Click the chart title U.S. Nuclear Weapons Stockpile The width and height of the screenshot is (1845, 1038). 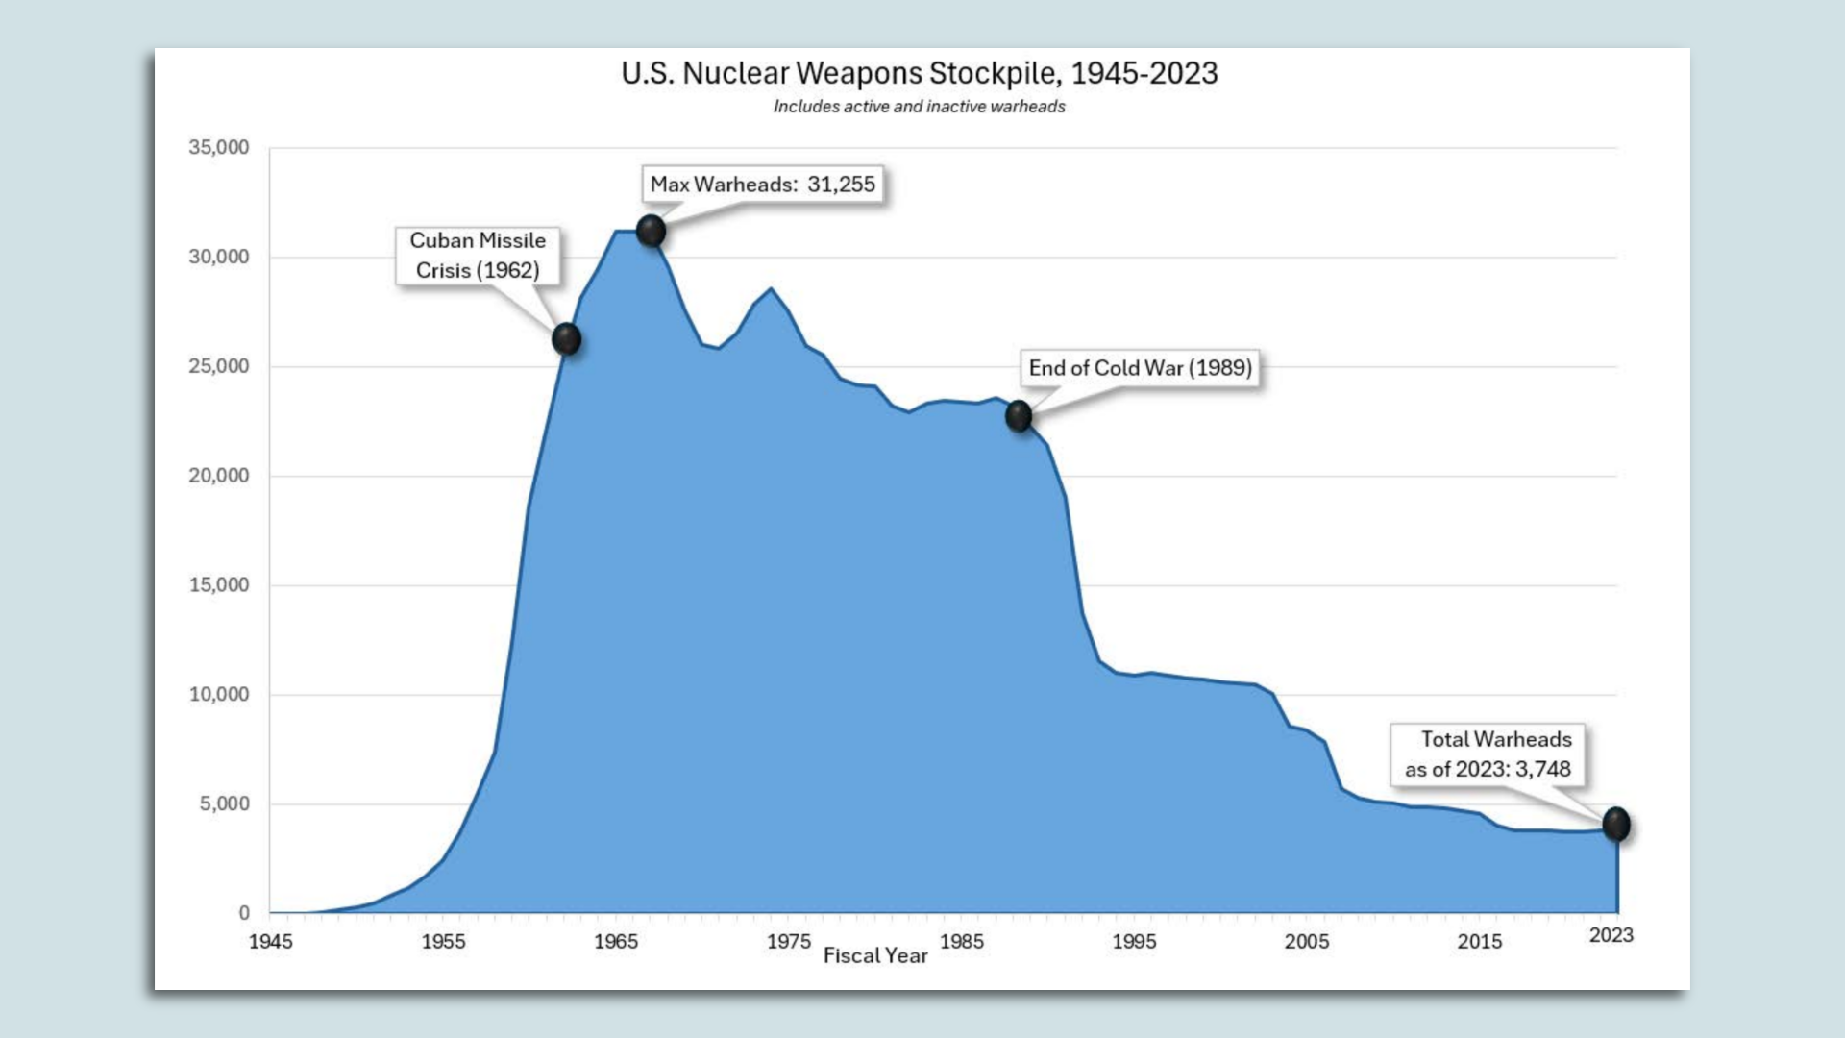[919, 73]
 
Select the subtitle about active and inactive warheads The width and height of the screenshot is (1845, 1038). [919, 107]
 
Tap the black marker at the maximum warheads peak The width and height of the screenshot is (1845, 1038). [651, 231]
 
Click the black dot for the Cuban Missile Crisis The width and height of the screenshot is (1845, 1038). [567, 338]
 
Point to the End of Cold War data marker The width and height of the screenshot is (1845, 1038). [1019, 416]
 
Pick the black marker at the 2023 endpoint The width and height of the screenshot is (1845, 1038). [1616, 824]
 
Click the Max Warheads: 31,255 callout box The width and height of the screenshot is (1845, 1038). [762, 185]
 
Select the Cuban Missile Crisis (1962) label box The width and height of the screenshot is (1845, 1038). [478, 256]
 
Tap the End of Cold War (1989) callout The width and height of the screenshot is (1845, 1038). [1140, 368]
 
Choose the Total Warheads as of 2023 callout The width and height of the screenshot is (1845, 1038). [1488, 754]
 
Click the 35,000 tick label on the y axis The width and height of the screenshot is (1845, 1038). [218, 148]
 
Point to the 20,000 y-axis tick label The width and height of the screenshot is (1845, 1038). [218, 476]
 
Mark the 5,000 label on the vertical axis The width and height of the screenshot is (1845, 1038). [224, 804]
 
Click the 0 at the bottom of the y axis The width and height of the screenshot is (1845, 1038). [244, 913]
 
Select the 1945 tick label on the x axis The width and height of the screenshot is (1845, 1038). [270, 942]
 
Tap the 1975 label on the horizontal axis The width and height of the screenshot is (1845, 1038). [788, 942]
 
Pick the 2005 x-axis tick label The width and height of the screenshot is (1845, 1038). [1307, 942]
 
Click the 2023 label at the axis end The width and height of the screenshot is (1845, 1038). [1611, 936]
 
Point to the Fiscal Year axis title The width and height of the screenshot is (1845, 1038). [875, 956]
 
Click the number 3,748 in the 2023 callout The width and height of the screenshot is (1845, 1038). [1543, 770]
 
